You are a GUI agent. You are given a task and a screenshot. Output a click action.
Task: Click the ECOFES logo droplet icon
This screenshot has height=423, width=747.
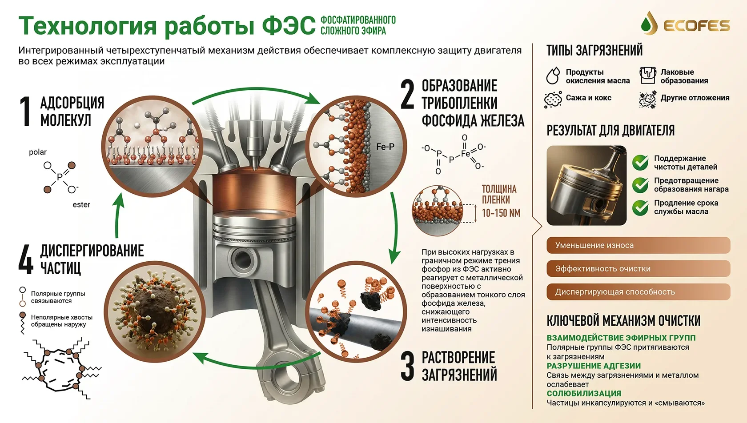coord(649,24)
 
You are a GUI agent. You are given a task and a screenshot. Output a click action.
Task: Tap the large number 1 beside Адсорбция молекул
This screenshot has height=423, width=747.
coord(25,112)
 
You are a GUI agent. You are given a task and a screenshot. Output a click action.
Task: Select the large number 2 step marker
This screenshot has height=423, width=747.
coord(407,94)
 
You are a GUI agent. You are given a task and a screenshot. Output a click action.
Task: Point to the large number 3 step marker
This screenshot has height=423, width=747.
coord(407,366)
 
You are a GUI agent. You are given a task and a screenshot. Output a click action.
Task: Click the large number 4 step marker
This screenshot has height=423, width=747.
coord(26,259)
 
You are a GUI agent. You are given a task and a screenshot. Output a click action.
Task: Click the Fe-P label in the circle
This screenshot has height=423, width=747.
coord(385,147)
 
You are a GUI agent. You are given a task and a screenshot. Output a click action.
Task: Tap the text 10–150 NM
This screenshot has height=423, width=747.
coord(501,213)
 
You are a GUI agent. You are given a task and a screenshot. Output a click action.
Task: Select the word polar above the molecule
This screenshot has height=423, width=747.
coord(38,152)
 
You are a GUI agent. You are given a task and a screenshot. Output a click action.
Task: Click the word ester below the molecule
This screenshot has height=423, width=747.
coord(81,205)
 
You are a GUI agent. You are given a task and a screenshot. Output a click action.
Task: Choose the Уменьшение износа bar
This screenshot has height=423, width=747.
coord(639,245)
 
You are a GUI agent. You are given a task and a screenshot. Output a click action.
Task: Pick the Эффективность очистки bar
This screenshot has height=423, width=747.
coord(639,269)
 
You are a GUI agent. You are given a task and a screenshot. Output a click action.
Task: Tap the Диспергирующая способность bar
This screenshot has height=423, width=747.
coord(639,292)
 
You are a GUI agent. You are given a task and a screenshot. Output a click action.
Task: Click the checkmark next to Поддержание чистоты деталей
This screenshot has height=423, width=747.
coord(641,162)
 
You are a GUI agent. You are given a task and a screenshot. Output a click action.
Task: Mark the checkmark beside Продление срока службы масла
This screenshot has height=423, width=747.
coord(641,208)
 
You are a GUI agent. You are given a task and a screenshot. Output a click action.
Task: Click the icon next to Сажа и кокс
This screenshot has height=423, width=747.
coord(553,100)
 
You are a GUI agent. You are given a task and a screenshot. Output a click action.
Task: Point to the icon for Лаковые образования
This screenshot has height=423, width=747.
coord(647,76)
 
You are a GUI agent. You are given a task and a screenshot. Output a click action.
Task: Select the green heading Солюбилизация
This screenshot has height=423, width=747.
coord(584,394)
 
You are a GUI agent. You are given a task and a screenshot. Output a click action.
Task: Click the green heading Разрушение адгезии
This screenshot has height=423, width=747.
coord(594,366)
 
